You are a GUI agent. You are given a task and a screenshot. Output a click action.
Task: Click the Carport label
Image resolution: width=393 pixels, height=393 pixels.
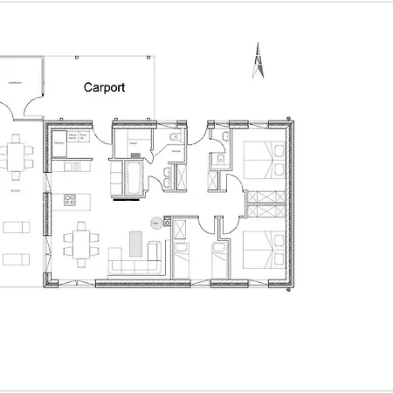104,87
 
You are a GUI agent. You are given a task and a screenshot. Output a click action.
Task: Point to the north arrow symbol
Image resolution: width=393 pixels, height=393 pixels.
258,61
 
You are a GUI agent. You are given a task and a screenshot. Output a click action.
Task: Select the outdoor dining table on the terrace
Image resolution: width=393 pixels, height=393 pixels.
17,155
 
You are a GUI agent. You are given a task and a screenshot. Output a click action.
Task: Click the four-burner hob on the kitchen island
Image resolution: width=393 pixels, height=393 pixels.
70,200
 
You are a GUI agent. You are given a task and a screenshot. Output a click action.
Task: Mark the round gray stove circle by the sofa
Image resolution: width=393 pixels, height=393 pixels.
155,223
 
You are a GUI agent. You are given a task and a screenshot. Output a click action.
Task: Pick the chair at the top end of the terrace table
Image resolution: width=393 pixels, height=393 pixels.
16,137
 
